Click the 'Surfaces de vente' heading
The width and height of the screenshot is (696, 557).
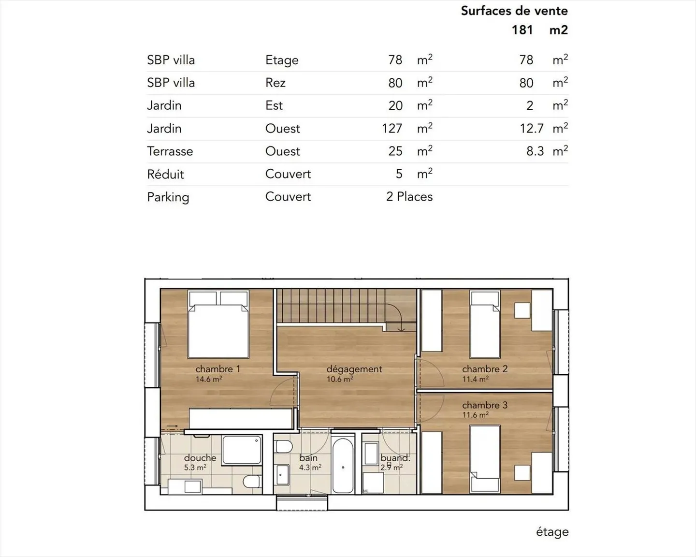tap(514, 11)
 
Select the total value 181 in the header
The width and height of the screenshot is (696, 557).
tap(522, 30)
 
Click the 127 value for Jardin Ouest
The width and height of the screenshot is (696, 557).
tap(391, 129)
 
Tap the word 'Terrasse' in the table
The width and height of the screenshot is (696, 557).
tap(170, 151)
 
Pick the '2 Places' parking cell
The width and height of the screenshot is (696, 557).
tap(409, 197)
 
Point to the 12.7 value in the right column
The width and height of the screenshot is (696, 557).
tap(532, 129)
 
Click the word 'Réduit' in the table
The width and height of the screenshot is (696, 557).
tap(165, 174)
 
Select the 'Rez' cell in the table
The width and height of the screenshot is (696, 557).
tap(275, 83)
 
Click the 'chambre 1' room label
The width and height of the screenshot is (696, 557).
tap(217, 369)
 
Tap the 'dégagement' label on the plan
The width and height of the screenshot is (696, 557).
tap(354, 369)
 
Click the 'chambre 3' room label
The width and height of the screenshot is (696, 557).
tap(484, 405)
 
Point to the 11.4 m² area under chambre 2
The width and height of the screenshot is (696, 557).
tap(475, 379)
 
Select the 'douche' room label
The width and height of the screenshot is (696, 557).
tap(200, 457)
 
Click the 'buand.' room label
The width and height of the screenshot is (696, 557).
tap(394, 457)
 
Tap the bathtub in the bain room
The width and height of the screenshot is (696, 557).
tap(343, 466)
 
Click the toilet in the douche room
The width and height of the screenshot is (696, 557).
tap(251, 482)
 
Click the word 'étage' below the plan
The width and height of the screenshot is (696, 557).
tap(552, 532)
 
